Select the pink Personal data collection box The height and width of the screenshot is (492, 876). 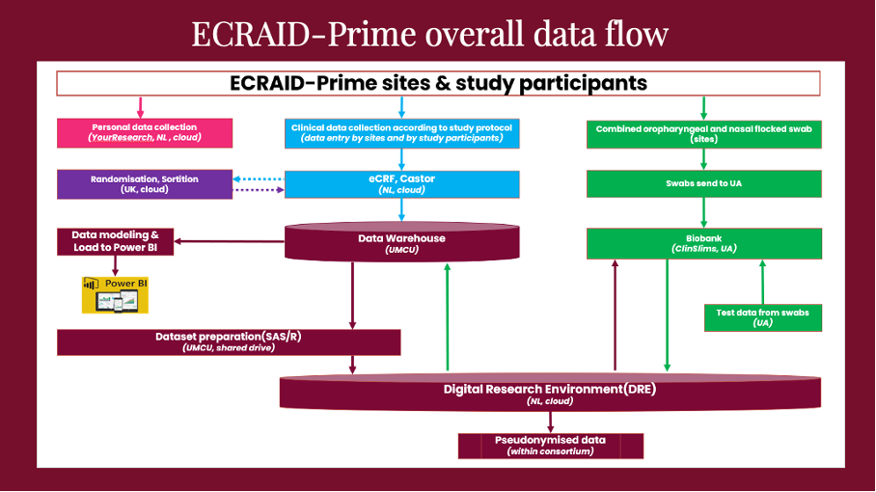point(145,132)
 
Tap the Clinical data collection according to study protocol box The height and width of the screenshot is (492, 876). point(401,132)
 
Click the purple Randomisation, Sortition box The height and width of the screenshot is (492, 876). point(145,184)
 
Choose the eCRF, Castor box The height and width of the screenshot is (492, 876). point(401,184)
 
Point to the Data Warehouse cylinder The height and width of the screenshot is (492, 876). point(401,243)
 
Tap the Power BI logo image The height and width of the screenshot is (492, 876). point(109,294)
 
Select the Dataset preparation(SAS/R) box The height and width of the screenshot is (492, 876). point(229,342)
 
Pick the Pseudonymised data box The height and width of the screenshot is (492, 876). point(550,445)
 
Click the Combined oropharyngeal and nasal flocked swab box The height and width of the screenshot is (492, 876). point(704,132)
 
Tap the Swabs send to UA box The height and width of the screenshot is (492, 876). point(704,183)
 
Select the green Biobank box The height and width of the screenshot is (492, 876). point(704,243)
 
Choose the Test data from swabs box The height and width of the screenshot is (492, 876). point(762,317)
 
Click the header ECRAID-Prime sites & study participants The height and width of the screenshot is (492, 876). point(439,83)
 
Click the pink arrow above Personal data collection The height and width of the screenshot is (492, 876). point(142,106)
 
